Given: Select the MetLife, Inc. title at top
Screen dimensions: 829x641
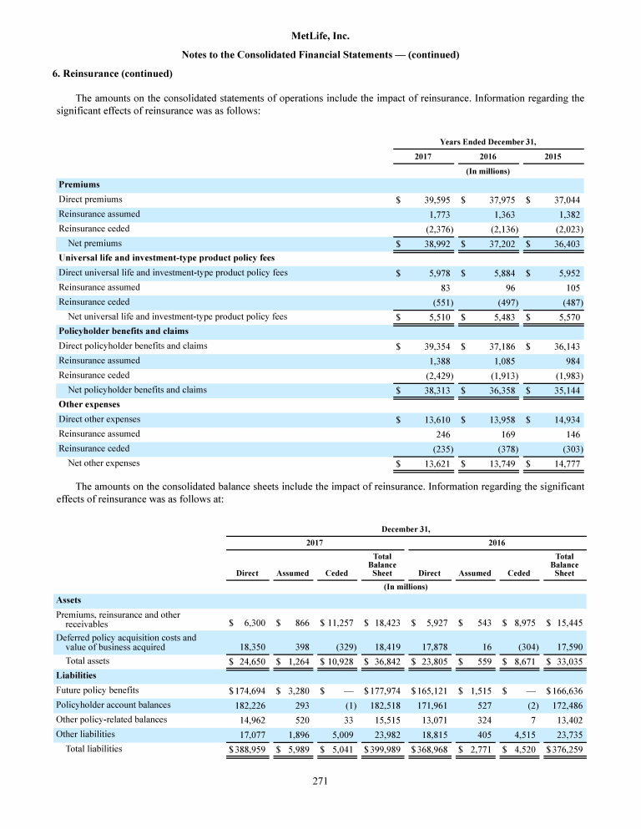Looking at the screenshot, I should click(320, 37).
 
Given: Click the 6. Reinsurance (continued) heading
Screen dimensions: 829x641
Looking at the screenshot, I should click(113, 73).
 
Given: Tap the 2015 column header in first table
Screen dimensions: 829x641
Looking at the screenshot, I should click(553, 157).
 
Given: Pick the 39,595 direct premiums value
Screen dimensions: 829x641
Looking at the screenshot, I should click(438, 200).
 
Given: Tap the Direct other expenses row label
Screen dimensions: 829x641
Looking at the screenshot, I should click(99, 419).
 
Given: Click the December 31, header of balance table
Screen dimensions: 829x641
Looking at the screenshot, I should click(405, 528).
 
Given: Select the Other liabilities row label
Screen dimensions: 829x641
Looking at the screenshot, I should click(86, 734).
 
